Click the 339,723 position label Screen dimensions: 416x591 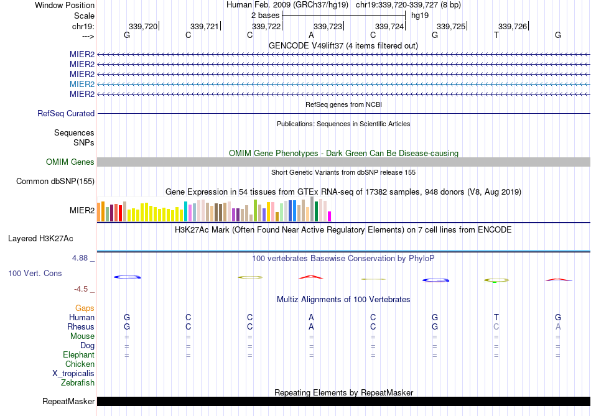[328, 26]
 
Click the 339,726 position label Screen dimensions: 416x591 [513, 26]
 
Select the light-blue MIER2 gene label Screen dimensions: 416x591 [82, 84]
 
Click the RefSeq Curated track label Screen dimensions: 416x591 [66, 114]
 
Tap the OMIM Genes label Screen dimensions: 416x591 [70, 162]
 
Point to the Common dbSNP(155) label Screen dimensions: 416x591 [55, 182]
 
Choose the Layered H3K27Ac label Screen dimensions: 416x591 [40, 238]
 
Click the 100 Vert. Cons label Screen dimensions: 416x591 [35, 273]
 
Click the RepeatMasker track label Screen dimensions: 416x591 [68, 402]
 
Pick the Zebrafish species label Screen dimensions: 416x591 [78, 383]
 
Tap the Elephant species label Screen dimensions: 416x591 [78, 355]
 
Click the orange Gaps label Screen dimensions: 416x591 [85, 308]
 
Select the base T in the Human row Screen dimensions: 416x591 [496, 317]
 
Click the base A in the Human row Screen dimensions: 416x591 [311, 317]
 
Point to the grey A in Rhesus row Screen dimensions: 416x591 [558, 326]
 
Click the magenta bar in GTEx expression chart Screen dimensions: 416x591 [330, 216]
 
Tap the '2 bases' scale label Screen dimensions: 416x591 [266, 15]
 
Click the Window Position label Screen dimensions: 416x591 [65, 5]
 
